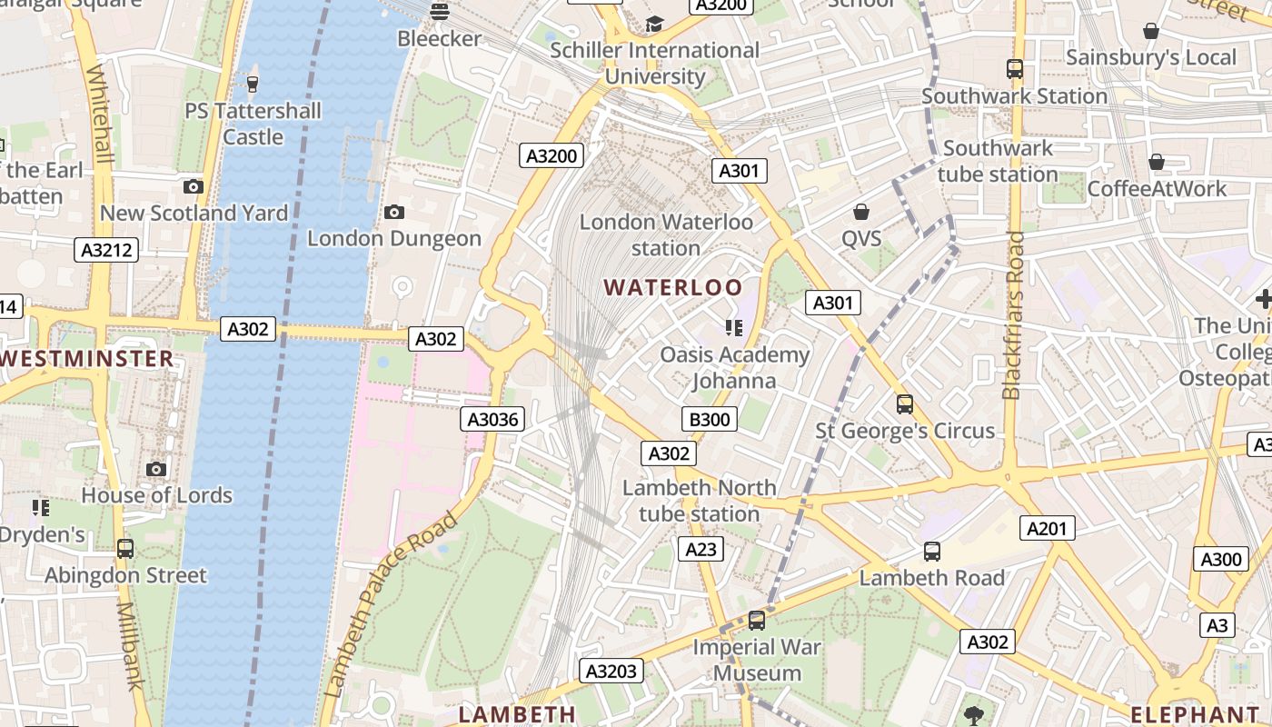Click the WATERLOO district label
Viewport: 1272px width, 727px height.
point(673,288)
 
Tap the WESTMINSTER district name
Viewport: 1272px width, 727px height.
point(87,358)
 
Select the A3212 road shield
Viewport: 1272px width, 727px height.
point(106,250)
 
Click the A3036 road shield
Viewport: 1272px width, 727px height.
point(492,419)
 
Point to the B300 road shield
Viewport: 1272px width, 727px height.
point(709,419)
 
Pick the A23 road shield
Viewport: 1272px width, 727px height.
point(701,549)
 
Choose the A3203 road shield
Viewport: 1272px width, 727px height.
point(611,672)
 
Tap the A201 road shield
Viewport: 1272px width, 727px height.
point(1048,528)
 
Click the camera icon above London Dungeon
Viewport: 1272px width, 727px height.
point(393,212)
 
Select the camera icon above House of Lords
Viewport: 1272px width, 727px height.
point(156,469)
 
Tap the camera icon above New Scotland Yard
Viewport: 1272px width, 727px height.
point(193,186)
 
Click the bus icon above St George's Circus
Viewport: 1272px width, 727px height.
point(904,403)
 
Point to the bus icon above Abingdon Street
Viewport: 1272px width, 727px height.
point(125,549)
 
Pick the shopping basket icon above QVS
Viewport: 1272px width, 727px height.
point(860,212)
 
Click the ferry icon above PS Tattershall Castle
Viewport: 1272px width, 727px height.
point(253,85)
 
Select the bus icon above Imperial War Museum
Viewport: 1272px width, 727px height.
point(756,621)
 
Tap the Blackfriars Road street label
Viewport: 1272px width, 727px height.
point(1013,315)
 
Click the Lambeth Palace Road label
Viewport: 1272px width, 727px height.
point(391,605)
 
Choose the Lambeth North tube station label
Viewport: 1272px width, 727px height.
point(699,501)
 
